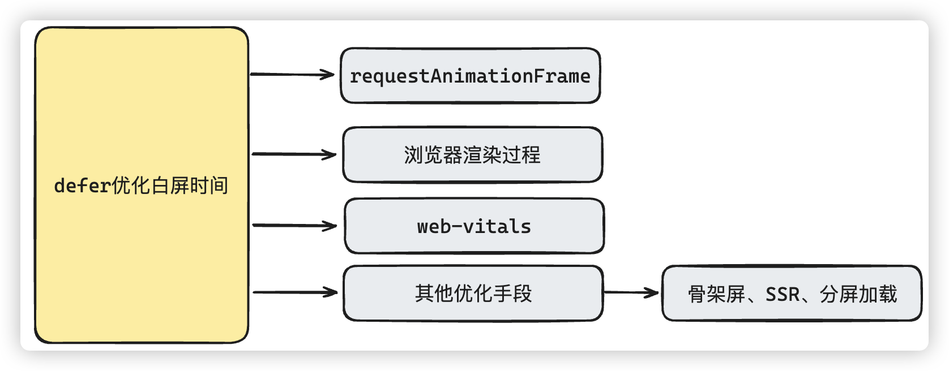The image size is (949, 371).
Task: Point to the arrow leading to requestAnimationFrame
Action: point(292,74)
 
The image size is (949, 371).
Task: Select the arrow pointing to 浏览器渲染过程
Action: point(294,154)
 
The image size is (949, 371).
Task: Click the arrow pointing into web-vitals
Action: point(294,225)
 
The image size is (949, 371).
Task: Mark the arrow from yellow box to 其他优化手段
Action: point(295,292)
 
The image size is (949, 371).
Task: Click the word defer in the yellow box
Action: point(82,185)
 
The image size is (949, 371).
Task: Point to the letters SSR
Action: point(783,295)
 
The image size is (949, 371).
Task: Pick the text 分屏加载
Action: point(858,295)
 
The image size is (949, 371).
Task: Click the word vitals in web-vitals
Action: point(497,227)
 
